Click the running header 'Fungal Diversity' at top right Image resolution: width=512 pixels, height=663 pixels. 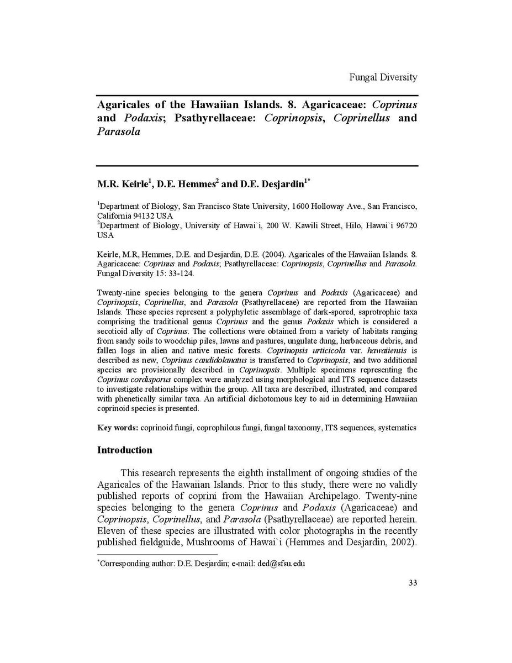click(383, 77)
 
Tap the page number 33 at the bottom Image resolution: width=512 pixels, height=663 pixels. click(413, 583)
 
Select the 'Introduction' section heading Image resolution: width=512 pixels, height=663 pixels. click(125, 450)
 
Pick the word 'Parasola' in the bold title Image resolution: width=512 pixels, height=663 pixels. click(119, 132)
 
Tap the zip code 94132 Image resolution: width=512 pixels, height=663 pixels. click(143, 215)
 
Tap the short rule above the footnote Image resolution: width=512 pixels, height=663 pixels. click(157, 554)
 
